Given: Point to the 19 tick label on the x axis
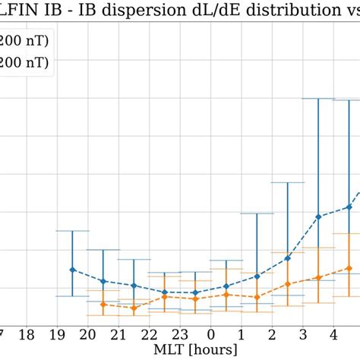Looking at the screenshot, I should click(57, 335).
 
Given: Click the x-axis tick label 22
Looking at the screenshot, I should click(150, 335).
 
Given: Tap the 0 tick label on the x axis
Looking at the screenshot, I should click(211, 335).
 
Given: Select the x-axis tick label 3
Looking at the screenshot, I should click(303, 335).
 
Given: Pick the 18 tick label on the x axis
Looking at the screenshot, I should click(27, 335).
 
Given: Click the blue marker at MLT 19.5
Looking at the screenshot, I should click(72, 270).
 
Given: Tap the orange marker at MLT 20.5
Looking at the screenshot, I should click(103, 304).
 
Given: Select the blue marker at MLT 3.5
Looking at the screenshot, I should click(318, 216).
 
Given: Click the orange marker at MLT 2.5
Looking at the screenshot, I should click(288, 284).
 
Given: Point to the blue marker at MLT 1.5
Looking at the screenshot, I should click(257, 276).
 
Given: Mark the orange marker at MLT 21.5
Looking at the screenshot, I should click(134, 308).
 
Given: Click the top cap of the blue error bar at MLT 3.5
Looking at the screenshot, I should click(318, 99).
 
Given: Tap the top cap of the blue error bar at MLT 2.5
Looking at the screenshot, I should click(288, 182).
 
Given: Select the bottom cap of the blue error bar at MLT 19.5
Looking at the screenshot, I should click(72, 295).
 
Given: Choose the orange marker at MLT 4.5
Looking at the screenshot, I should click(349, 268).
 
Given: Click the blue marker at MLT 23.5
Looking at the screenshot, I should click(195, 292).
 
